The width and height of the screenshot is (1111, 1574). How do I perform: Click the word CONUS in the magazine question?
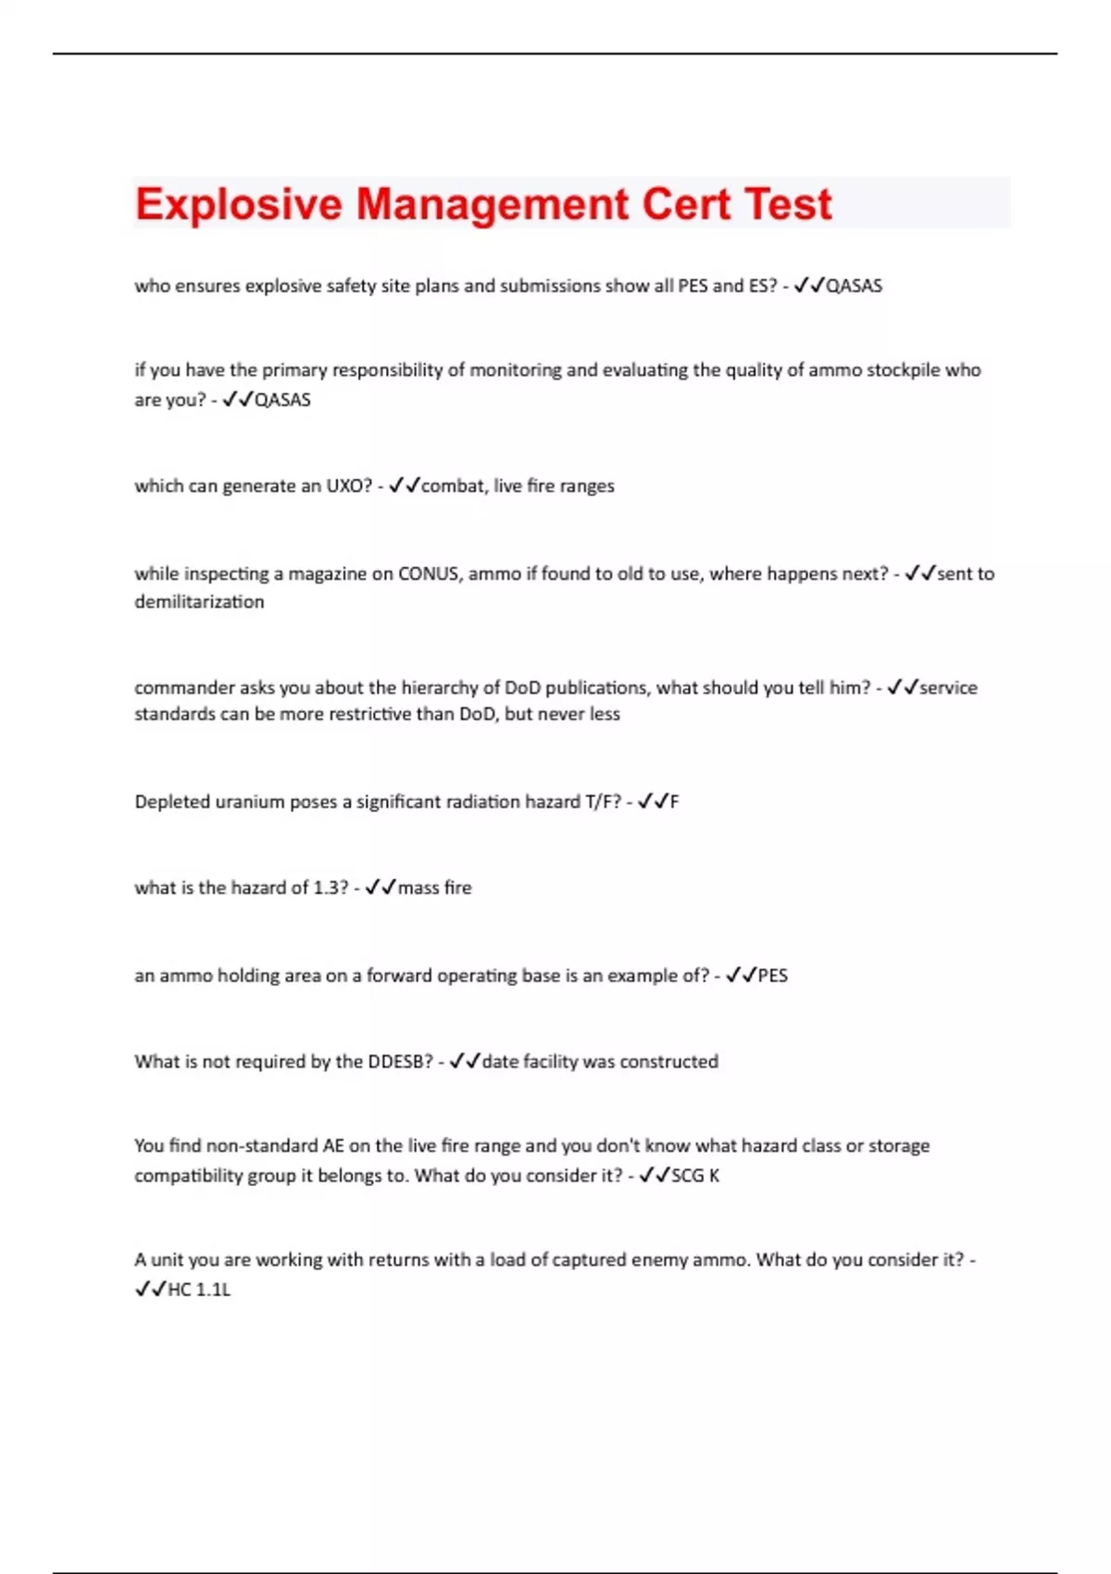428,574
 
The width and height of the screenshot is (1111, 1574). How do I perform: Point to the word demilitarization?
199,602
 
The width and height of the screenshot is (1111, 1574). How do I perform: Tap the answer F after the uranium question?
674,802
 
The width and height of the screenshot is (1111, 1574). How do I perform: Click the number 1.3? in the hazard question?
331,888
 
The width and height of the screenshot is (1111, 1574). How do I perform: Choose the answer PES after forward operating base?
772,976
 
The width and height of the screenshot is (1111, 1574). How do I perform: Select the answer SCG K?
694,1176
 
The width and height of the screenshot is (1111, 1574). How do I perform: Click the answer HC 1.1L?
198,1290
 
